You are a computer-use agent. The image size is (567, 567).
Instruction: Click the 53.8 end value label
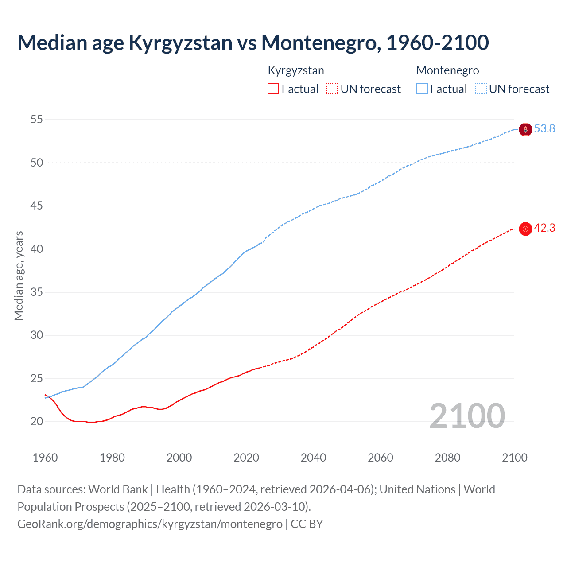(544, 128)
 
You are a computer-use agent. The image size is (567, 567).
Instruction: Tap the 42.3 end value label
(544, 228)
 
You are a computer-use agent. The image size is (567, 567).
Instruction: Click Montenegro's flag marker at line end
(525, 130)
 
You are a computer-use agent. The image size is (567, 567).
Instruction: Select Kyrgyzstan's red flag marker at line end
(525, 229)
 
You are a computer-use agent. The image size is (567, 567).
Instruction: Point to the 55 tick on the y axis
(37, 119)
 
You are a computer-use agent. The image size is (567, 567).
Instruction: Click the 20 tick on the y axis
(37, 421)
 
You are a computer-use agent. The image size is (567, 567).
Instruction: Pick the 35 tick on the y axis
(37, 292)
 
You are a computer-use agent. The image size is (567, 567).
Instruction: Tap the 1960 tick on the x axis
(45, 458)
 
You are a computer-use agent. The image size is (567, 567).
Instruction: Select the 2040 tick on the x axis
(313, 458)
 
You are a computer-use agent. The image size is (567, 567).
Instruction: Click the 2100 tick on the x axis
(514, 458)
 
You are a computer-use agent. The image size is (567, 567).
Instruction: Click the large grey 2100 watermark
(467, 416)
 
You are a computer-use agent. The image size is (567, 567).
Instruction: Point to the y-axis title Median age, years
(19, 276)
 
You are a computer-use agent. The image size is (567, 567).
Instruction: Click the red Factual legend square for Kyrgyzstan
(273, 89)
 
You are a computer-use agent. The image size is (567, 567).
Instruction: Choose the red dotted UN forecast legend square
(332, 89)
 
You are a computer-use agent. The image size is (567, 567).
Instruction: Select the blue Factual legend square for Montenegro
(422, 89)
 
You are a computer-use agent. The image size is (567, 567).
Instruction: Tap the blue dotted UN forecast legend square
(481, 89)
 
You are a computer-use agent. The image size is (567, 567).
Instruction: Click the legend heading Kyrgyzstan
(296, 70)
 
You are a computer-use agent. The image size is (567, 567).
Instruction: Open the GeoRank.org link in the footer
(150, 524)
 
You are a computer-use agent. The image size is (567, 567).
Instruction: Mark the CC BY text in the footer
(307, 524)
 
